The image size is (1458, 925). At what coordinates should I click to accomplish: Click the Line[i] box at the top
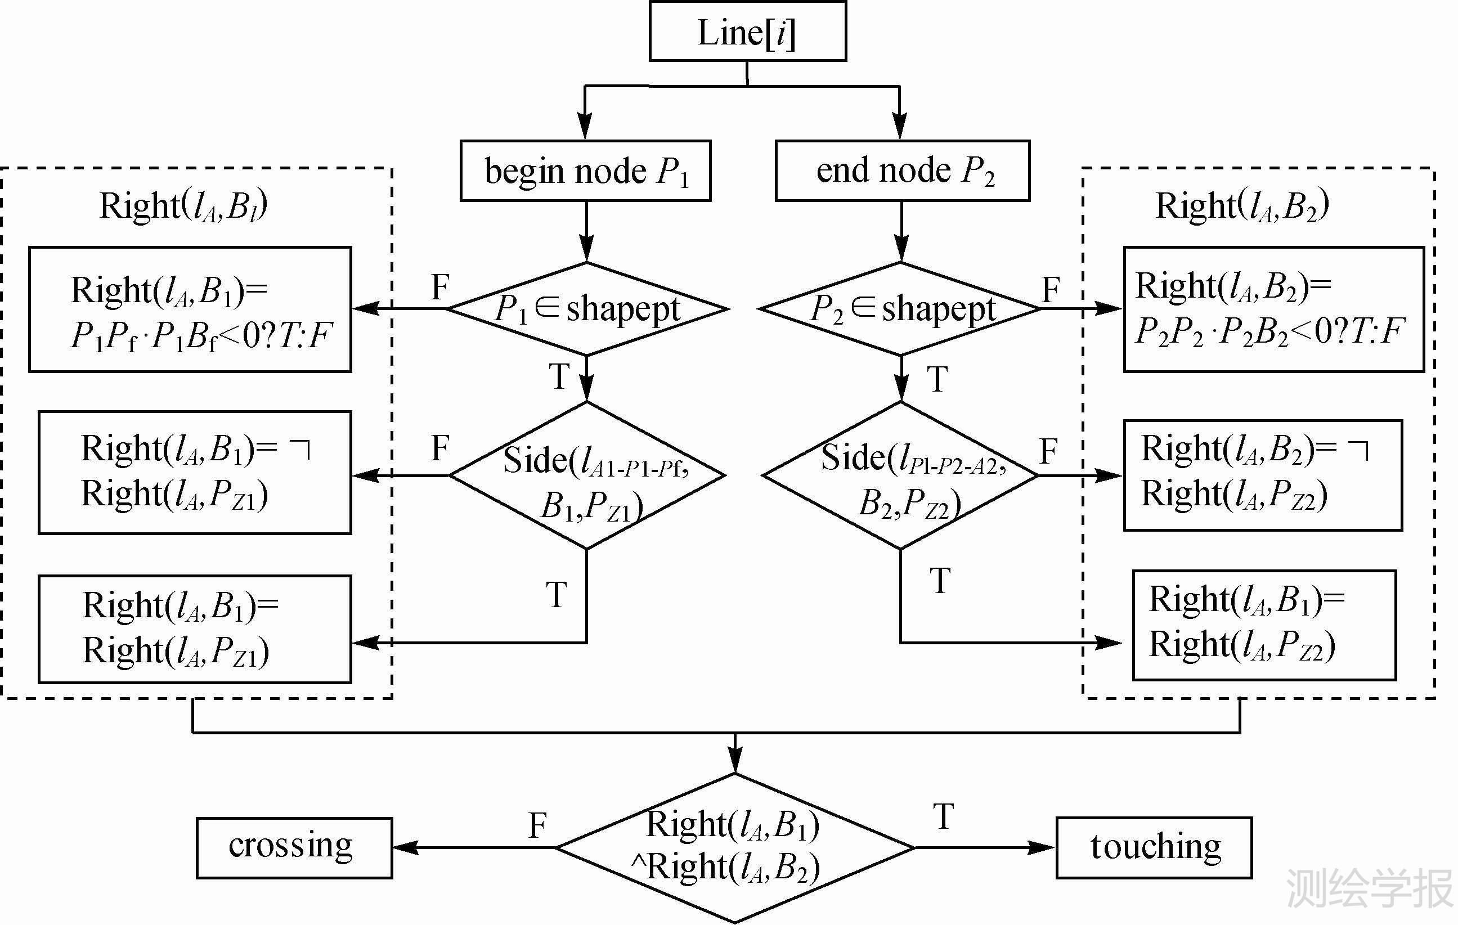tap(747, 32)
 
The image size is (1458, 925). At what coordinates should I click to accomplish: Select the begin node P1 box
tap(585, 170)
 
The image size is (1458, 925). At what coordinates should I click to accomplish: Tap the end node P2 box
tap(902, 170)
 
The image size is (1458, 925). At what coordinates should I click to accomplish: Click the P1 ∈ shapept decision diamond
tap(586, 309)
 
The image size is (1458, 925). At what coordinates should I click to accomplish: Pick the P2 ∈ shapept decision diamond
tap(901, 309)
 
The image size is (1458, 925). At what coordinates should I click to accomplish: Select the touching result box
tap(1154, 847)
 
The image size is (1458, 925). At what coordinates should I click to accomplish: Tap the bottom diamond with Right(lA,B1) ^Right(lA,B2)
tap(734, 847)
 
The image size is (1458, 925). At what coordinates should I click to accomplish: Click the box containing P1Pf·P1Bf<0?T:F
tap(190, 309)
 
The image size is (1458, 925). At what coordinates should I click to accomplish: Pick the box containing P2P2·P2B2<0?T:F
tap(1273, 309)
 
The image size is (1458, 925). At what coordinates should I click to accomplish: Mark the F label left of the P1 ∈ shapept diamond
tap(440, 287)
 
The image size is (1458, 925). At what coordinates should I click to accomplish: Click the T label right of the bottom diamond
tap(943, 816)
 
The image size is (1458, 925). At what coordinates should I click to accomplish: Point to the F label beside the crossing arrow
tap(537, 825)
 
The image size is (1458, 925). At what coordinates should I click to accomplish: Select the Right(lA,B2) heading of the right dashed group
tap(1242, 205)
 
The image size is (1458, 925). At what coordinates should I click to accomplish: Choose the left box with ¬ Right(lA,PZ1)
tap(194, 472)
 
